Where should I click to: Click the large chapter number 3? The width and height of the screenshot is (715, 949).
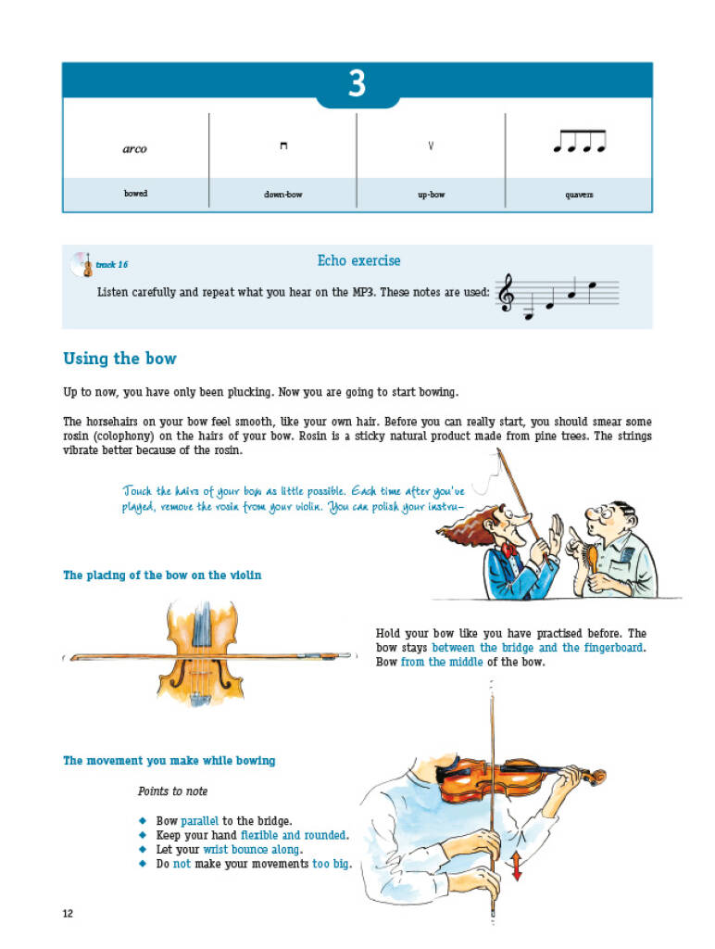[x=357, y=84]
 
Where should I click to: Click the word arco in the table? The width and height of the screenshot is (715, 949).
[x=135, y=149]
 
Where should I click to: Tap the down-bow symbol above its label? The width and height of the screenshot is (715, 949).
[x=283, y=146]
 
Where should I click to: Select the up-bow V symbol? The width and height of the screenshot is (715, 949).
[x=431, y=146]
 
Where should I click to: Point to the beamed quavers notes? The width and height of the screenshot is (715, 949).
[x=579, y=141]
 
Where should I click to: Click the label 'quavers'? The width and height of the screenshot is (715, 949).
[x=580, y=195]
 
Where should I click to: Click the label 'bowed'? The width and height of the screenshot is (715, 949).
[x=135, y=194]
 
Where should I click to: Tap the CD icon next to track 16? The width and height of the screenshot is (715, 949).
[x=81, y=264]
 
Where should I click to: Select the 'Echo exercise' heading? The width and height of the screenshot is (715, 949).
[x=358, y=261]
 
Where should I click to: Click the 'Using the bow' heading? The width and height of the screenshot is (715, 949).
[x=119, y=359]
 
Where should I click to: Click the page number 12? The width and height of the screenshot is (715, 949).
[x=68, y=914]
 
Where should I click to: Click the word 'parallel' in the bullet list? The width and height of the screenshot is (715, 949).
[x=200, y=820]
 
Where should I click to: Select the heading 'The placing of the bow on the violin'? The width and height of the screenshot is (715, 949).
[x=162, y=576]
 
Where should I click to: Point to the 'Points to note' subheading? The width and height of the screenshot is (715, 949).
[x=173, y=791]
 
